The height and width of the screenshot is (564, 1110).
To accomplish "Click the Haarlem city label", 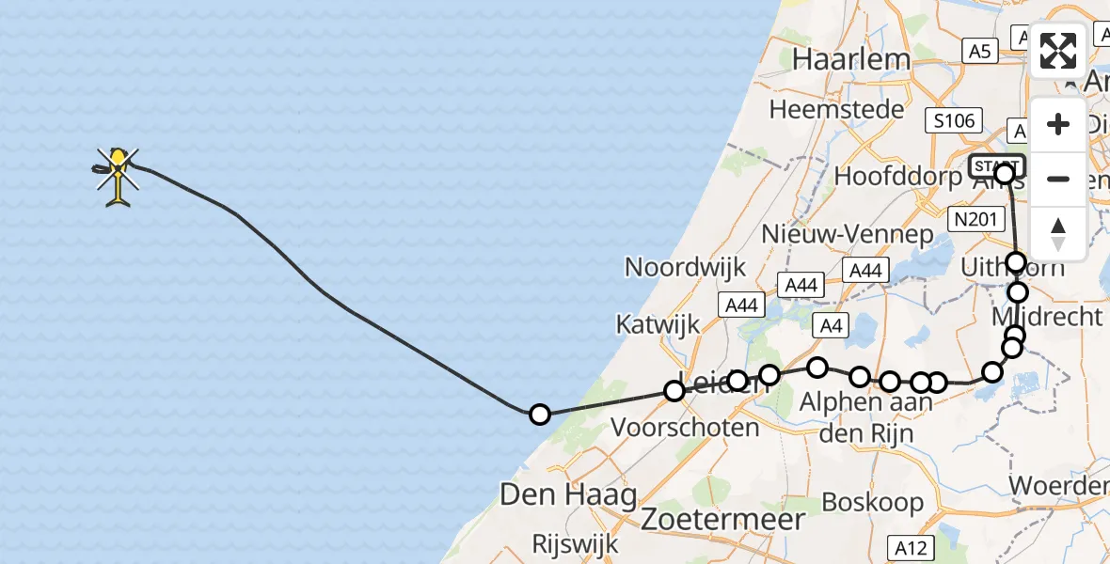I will point(851,59).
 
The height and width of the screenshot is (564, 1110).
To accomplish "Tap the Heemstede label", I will point(836,109).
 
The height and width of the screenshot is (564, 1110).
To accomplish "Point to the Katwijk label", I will point(658,325).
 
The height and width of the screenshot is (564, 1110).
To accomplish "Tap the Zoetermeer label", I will point(723,519).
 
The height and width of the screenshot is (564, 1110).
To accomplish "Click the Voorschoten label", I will point(685,428).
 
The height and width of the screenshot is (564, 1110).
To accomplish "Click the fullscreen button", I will point(1058,51).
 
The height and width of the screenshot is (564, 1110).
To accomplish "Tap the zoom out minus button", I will point(1058,179).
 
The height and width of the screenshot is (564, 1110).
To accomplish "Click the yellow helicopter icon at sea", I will point(118,176).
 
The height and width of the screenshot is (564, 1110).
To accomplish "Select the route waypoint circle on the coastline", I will point(539,414).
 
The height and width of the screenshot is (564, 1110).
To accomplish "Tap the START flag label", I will point(996,166).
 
